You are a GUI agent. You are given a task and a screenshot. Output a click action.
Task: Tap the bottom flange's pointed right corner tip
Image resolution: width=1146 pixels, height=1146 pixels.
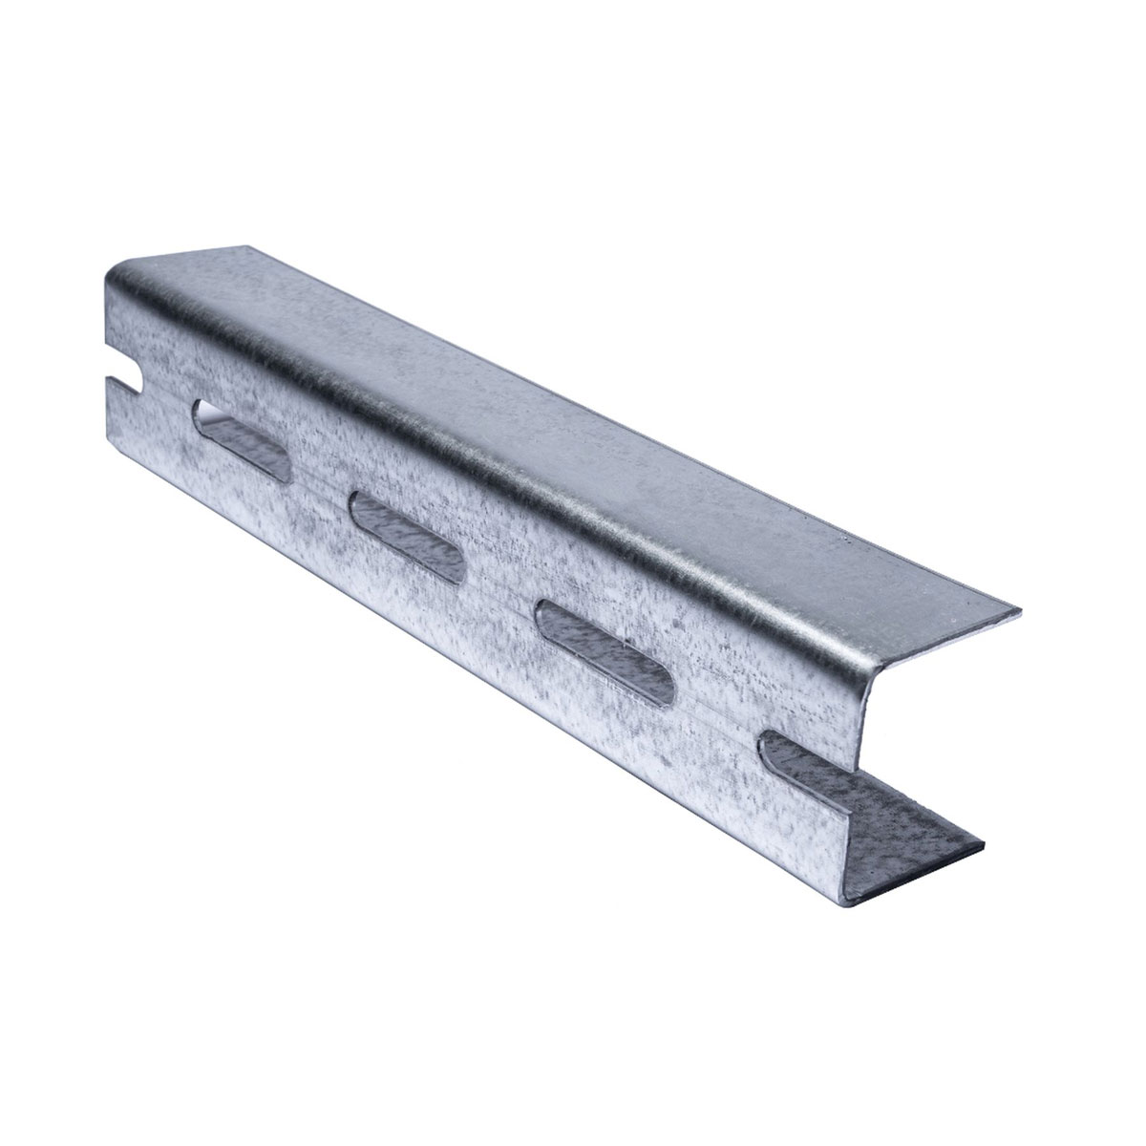[985, 845]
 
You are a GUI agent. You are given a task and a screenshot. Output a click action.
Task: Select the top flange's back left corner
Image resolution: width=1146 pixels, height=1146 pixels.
[250, 249]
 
